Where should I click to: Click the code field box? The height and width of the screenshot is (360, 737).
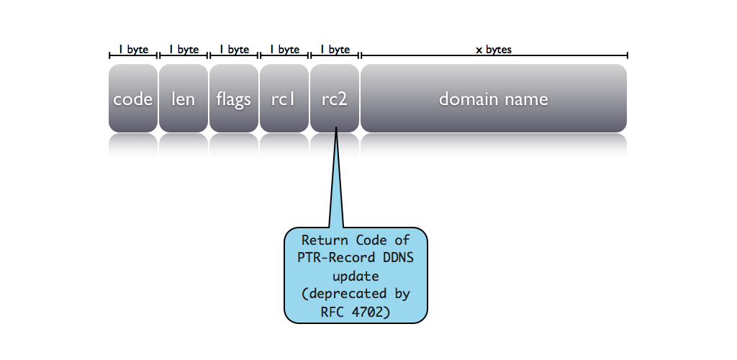[x=133, y=99]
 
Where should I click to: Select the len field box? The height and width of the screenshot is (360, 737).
[x=184, y=99]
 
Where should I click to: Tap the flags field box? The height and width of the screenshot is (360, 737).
[x=234, y=99]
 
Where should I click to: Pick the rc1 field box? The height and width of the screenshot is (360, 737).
[x=284, y=99]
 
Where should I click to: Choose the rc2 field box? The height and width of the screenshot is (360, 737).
[x=335, y=99]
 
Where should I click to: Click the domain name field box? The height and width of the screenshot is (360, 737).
[x=494, y=99]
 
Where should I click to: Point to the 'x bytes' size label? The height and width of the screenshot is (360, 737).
[x=494, y=50]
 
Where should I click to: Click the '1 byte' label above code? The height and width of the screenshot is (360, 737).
[x=133, y=50]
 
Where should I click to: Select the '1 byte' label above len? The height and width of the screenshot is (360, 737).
[x=184, y=50]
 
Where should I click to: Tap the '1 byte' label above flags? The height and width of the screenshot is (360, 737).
[x=234, y=50]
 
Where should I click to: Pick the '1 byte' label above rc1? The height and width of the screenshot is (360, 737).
[x=284, y=50]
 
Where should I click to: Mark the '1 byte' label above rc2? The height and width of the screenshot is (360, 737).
[x=335, y=50]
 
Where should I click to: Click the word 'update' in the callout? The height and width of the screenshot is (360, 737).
[x=356, y=276]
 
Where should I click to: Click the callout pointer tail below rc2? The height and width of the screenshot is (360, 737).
[x=336, y=187]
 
